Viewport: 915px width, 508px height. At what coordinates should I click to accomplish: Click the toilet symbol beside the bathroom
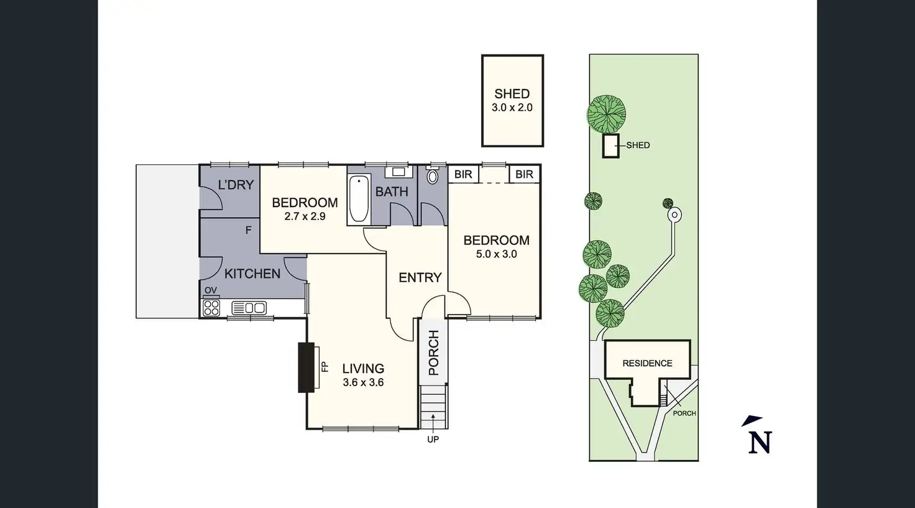coord(433,177)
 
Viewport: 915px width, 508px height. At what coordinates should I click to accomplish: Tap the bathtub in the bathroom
coord(359,200)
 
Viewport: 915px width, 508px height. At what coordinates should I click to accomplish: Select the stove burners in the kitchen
coord(211,307)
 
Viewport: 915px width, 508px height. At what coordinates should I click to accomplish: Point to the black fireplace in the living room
coord(306,367)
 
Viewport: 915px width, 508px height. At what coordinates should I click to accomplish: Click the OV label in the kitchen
coord(211,290)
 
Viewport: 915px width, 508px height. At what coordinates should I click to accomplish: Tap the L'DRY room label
coord(236,185)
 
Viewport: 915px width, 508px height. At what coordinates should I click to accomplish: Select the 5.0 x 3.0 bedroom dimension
coord(496,254)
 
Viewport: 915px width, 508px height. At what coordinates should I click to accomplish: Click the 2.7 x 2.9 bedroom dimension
coord(305,216)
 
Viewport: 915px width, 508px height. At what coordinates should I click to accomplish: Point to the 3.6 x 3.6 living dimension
coord(363,382)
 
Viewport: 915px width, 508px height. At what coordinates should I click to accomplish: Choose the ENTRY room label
coord(420,277)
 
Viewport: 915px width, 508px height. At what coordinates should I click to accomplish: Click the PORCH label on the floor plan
coord(433,353)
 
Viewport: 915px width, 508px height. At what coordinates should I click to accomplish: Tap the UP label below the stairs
coord(433,439)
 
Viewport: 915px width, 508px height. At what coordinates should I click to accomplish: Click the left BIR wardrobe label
coord(463,174)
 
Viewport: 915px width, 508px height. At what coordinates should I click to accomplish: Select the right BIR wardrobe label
coord(524,174)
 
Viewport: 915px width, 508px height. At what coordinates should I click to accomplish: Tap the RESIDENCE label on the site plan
coord(647,363)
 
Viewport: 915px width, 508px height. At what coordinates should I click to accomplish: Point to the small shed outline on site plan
coord(611,145)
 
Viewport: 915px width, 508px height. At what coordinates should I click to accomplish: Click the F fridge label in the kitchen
coord(248,230)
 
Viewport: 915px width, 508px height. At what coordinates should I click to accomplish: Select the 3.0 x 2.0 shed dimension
coord(512,108)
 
